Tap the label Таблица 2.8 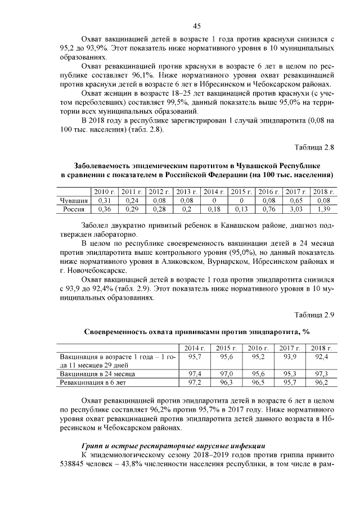coord(315,147)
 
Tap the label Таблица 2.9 coord(315,315)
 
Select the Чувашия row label coord(74,200)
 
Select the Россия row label coord(74,209)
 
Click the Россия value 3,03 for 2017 coord(296,209)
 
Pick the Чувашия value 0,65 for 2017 coord(296,200)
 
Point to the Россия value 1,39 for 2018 coord(323,209)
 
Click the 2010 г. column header coord(104,192)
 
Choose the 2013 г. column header coord(187,192)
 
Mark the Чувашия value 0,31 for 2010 coord(104,200)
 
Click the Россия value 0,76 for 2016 coord(269,209)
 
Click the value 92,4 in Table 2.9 coord(321,357)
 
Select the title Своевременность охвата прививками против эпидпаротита coord(197,332)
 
